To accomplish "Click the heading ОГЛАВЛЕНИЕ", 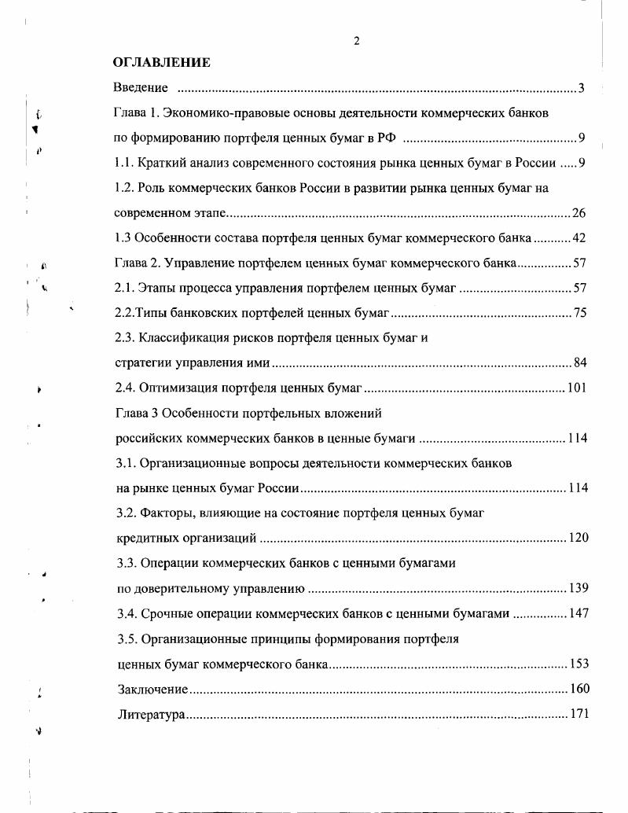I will [x=161, y=62].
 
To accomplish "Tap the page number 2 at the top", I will [x=357, y=42].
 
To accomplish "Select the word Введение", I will [x=141, y=87].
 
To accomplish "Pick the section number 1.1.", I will [x=123, y=164].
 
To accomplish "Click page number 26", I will [x=579, y=213].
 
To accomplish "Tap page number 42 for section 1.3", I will [x=579, y=238].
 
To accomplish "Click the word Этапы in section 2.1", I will [x=160, y=288].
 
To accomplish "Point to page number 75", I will [x=580, y=313].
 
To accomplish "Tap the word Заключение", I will [x=152, y=689].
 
